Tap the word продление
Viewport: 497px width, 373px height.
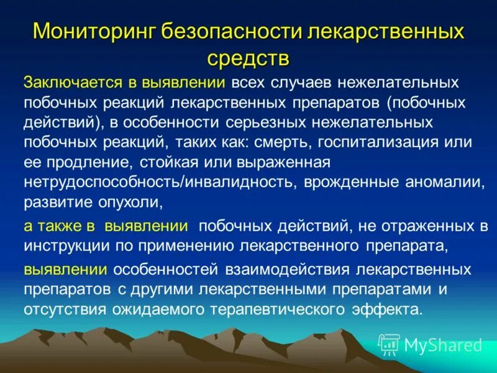(80, 162)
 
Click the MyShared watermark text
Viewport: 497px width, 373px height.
(443, 344)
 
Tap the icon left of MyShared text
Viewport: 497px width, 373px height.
(389, 344)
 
